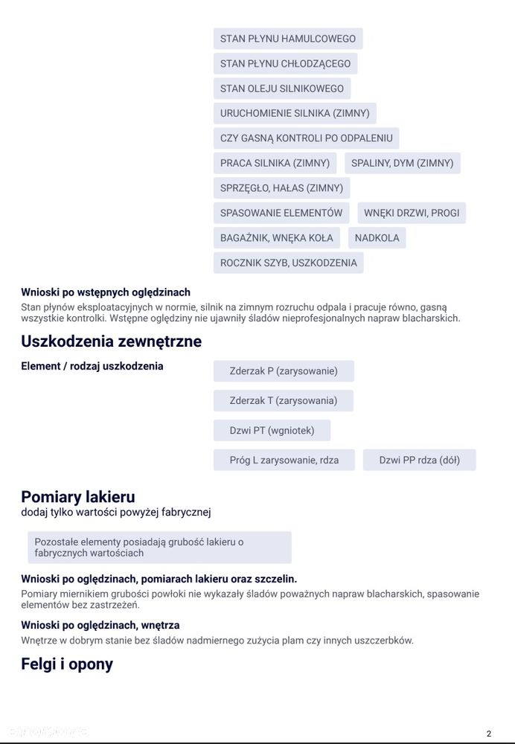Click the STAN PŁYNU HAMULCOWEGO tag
(x=287, y=39)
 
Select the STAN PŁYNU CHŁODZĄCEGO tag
(x=285, y=63)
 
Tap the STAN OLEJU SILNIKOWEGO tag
(x=281, y=89)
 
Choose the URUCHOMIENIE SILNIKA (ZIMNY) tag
(x=294, y=114)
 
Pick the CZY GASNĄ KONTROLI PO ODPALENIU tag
(x=306, y=138)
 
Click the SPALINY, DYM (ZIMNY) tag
(x=402, y=163)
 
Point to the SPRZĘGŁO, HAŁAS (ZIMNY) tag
(x=281, y=188)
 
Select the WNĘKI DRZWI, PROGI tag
(x=411, y=213)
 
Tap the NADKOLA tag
(x=377, y=238)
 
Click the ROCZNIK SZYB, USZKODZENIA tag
(x=288, y=263)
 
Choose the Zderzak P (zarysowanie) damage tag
(x=284, y=371)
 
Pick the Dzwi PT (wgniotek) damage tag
(x=272, y=430)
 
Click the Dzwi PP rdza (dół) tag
(x=419, y=460)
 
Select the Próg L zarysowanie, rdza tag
(x=284, y=460)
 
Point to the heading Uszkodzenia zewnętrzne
(x=111, y=342)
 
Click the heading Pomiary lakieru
(x=77, y=497)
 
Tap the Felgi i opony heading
(x=67, y=664)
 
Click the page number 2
(x=489, y=734)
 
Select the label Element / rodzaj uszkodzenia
(x=92, y=366)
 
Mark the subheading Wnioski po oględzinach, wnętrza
(x=100, y=625)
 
